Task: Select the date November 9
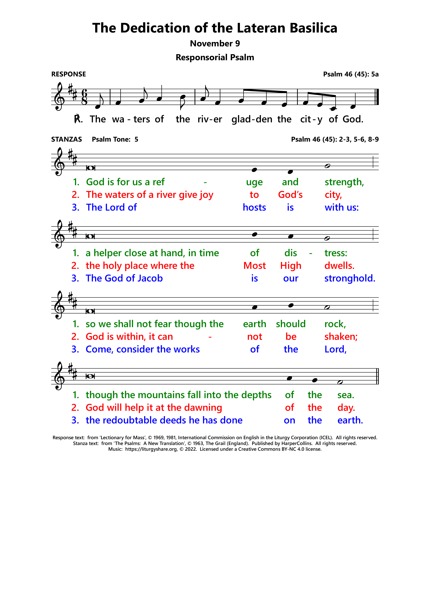(215, 43)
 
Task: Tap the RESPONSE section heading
(69, 74)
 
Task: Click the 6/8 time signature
(84, 97)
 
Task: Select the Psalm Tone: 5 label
(115, 139)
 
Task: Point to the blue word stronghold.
(350, 278)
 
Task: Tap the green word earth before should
(254, 324)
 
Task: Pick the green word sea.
(345, 395)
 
